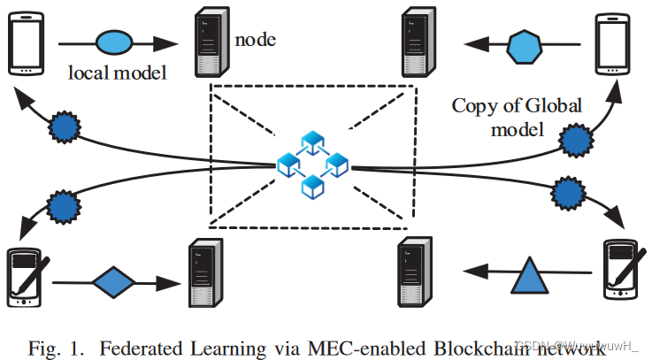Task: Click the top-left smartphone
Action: (25, 43)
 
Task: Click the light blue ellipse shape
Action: (113, 42)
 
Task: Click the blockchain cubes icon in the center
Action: (312, 165)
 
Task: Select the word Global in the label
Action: (553, 106)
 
